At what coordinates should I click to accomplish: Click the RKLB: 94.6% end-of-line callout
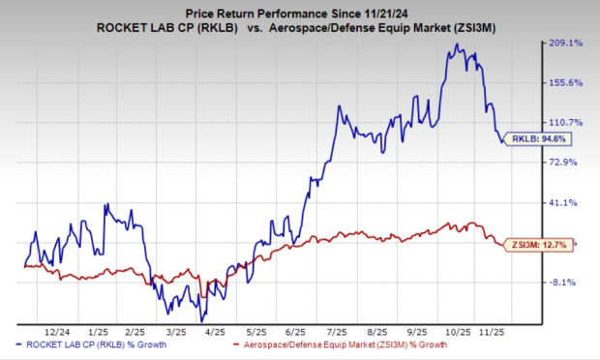pyautogui.click(x=534, y=138)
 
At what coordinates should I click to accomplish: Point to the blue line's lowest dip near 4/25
pyautogui.click(x=202, y=320)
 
